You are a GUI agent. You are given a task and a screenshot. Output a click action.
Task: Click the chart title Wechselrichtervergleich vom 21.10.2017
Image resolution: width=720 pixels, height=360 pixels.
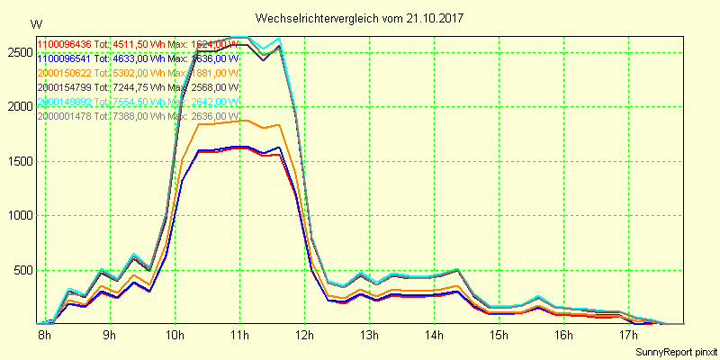[353, 18]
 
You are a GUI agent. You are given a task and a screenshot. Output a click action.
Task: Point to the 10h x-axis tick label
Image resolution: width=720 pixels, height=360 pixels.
[175, 336]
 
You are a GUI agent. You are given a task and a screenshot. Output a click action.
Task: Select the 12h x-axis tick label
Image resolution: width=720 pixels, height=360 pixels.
[305, 336]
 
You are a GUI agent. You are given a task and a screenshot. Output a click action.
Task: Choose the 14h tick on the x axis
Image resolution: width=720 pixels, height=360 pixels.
[435, 336]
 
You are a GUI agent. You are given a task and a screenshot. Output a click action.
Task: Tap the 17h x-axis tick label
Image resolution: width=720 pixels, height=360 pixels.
[629, 336]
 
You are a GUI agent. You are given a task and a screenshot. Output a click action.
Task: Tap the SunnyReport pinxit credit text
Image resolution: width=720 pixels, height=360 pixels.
[676, 351]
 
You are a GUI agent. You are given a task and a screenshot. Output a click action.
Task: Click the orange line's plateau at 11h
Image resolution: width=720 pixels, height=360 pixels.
[239, 121]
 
